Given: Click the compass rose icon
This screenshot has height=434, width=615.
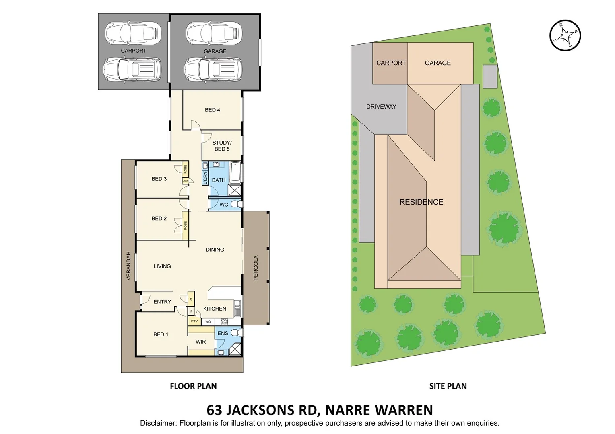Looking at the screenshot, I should (x=565, y=35).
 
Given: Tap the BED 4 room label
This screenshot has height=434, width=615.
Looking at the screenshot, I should (x=212, y=110).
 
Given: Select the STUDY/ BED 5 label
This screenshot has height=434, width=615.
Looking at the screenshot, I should (x=222, y=146).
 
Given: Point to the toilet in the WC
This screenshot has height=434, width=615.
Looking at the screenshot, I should (x=236, y=204).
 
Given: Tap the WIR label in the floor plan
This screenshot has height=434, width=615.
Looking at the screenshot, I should (x=200, y=342).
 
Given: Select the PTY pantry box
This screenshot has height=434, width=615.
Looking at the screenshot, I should (x=194, y=321).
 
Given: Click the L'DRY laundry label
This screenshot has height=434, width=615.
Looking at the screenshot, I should (x=205, y=178).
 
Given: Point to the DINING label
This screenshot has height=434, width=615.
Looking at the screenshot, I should (x=215, y=250).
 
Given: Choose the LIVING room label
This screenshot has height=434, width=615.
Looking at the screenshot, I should (x=162, y=266).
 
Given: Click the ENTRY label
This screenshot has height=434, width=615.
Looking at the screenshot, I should (x=162, y=302).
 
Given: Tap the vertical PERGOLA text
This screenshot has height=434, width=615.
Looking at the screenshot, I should (x=256, y=268).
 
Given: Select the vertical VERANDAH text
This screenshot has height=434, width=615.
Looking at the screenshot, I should (x=129, y=266).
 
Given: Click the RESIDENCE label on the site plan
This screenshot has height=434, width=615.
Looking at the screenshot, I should (x=421, y=202).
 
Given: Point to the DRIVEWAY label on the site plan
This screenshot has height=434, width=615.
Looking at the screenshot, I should (x=381, y=106).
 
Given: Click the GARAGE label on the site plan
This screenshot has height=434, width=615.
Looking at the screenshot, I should (x=438, y=63).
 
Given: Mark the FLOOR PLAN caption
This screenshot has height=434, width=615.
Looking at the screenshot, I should (x=193, y=386).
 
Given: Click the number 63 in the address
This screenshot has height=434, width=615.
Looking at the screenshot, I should (x=214, y=410).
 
